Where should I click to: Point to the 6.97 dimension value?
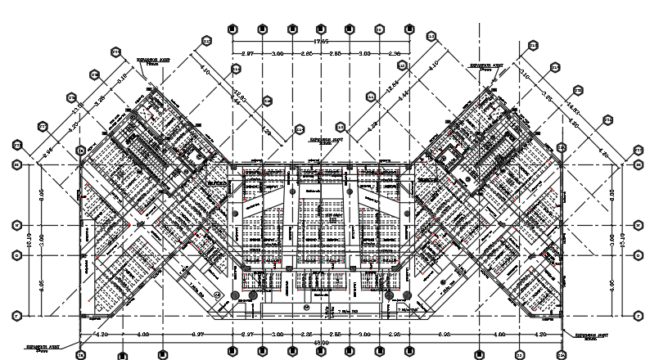[x=198, y=335]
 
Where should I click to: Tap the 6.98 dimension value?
[x=444, y=335]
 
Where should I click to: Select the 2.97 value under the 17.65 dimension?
[x=247, y=53]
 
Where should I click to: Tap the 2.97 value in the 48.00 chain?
[x=247, y=335]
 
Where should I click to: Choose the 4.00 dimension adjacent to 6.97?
[x=142, y=335]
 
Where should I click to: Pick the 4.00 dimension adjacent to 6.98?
[x=499, y=335]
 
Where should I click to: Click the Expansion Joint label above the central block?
[x=323, y=141]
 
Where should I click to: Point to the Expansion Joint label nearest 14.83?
[x=485, y=65]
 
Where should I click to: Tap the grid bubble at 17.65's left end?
[x=232, y=29]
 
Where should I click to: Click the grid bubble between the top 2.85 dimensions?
[x=320, y=29]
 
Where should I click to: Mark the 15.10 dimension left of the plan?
[x=27, y=240]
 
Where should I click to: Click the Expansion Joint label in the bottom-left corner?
[x=41, y=347]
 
